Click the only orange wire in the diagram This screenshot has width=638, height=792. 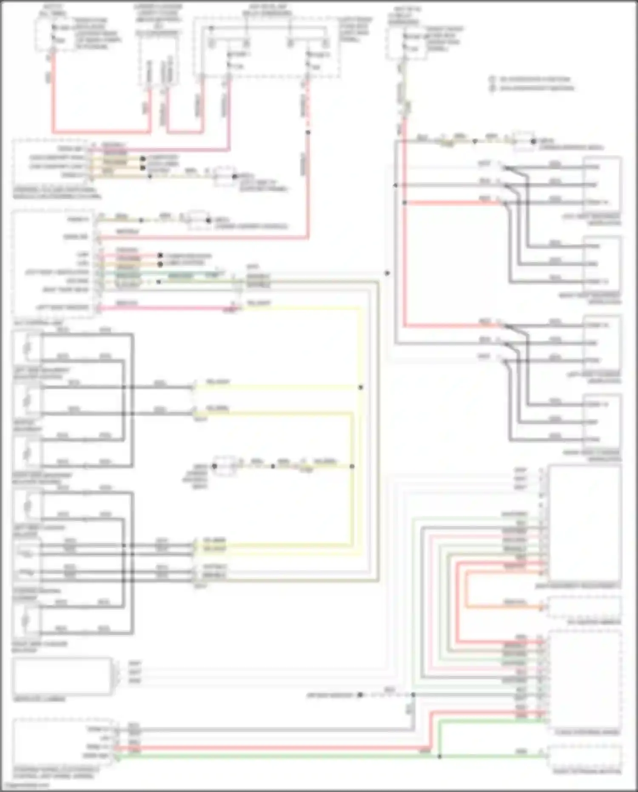(502, 606)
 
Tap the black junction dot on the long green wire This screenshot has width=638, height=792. (440, 756)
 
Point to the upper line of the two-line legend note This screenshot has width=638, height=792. (534, 79)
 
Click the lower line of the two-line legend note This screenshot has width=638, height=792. (536, 88)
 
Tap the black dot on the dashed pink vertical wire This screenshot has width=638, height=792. (308, 132)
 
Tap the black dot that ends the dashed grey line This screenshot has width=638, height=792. (360, 695)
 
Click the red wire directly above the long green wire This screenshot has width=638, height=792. (272, 748)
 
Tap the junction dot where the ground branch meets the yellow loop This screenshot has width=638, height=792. (352, 466)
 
